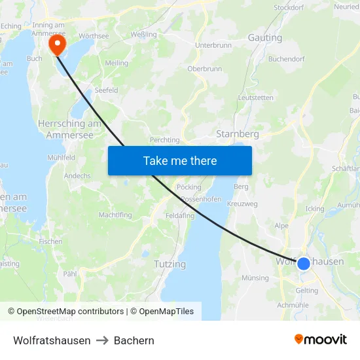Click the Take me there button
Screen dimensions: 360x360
click(x=180, y=160)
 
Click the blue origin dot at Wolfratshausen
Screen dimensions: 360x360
click(x=304, y=263)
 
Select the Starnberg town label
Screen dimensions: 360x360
click(x=238, y=134)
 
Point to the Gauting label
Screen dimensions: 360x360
click(x=265, y=38)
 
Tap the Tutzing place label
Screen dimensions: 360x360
click(x=170, y=264)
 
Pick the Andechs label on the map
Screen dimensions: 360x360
click(x=77, y=176)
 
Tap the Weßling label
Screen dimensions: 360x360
click(x=143, y=33)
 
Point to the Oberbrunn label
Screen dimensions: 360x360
click(x=204, y=69)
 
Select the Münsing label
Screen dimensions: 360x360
click(x=255, y=278)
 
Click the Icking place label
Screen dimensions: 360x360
click(x=314, y=209)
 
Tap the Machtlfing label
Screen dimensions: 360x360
click(x=115, y=215)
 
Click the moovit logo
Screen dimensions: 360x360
click(x=321, y=340)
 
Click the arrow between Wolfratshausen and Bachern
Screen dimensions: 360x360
click(x=102, y=341)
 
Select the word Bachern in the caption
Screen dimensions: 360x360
click(x=134, y=340)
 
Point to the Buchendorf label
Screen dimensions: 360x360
click(x=287, y=59)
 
